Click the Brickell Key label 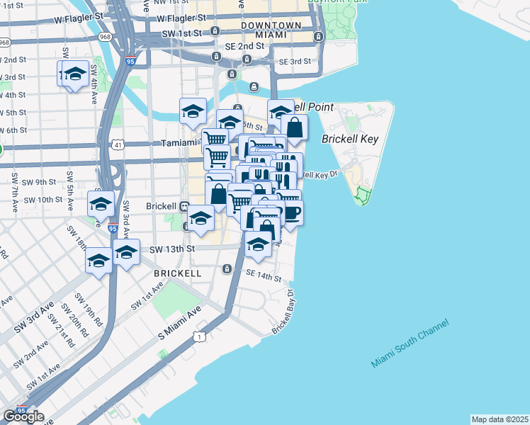(351, 139)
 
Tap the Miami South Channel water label (410, 343)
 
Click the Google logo (23, 416)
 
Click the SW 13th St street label (171, 249)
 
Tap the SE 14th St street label (264, 276)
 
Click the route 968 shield (104, 37)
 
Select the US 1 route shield (201, 337)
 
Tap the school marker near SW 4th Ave (74, 74)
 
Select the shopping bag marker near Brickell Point (294, 128)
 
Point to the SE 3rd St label (294, 62)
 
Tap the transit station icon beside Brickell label (184, 206)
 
